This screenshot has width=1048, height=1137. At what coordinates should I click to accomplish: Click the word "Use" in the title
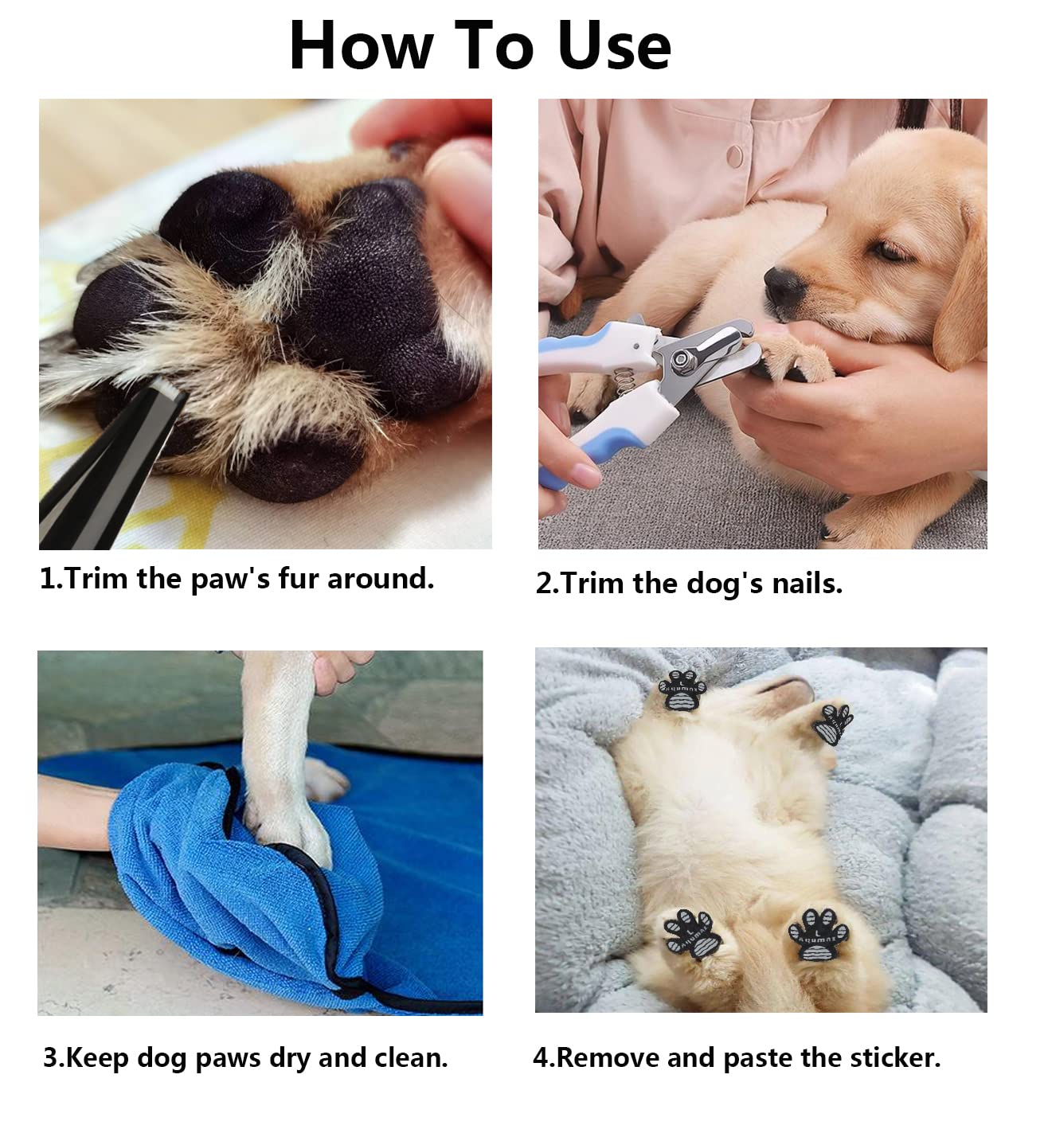pyautogui.click(x=614, y=46)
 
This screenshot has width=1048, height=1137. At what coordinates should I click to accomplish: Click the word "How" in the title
pyautogui.click(x=361, y=46)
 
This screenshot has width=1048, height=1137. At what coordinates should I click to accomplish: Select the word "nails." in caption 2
pyautogui.click(x=807, y=584)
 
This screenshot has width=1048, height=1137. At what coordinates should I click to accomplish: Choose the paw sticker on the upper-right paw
pyautogui.click(x=833, y=722)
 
